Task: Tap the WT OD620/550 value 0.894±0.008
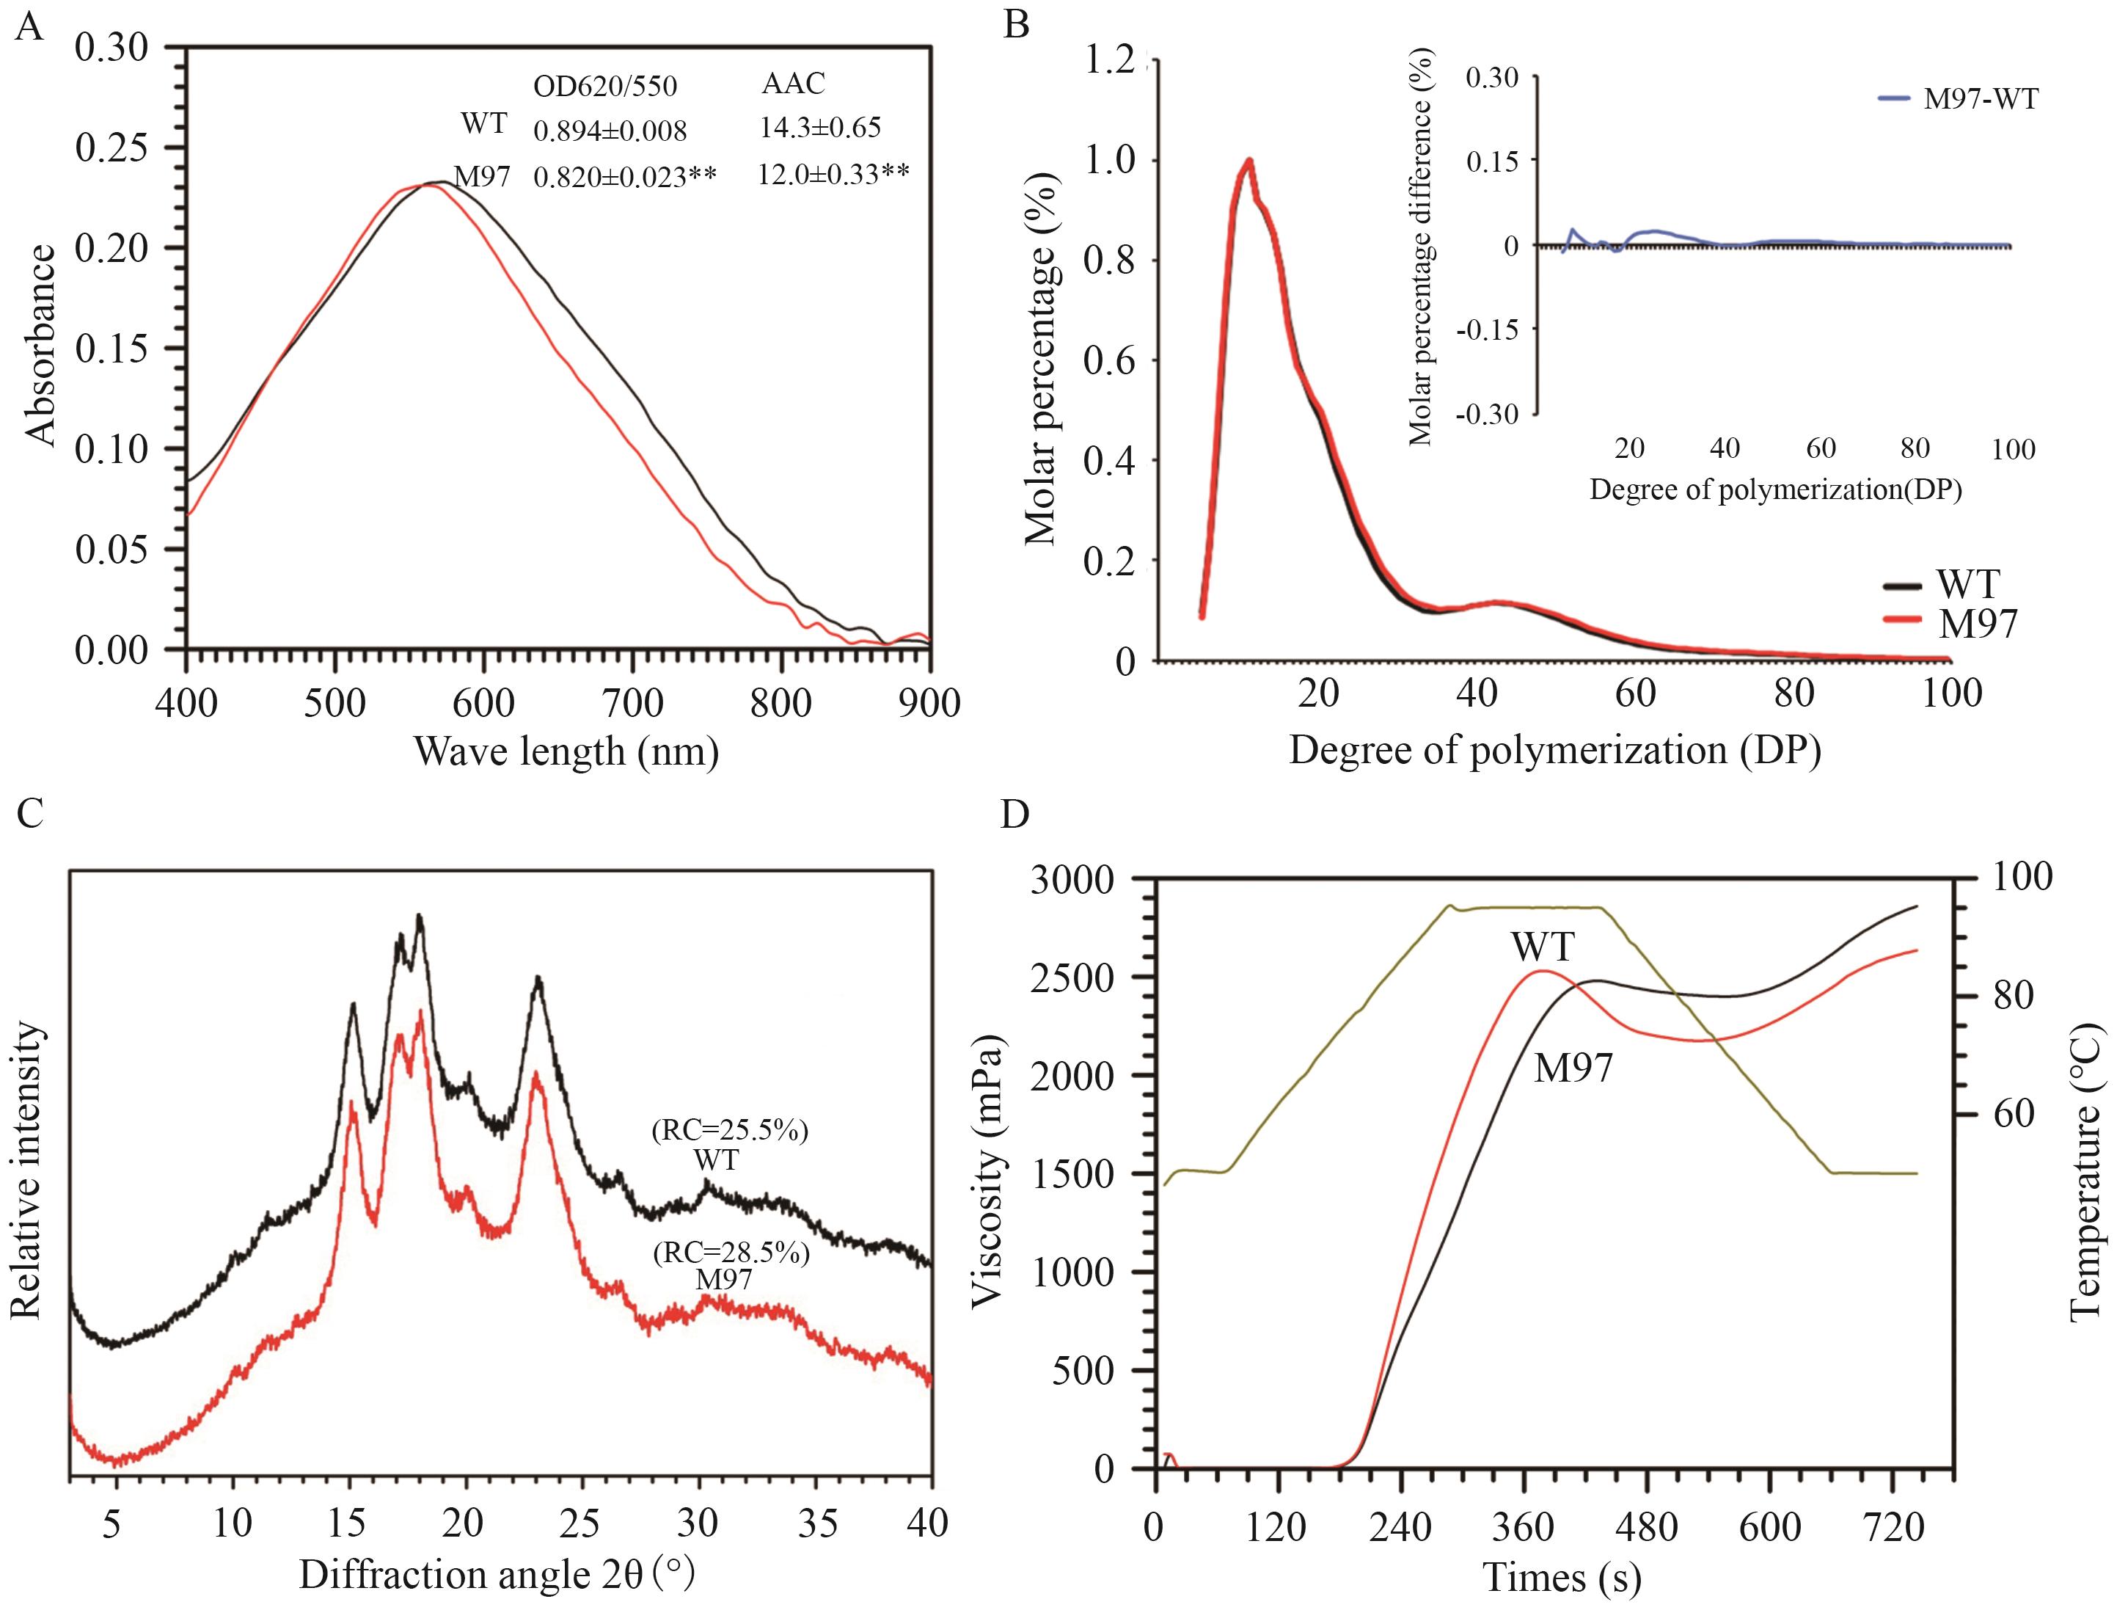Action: (x=610, y=131)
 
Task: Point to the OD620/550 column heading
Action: (x=604, y=87)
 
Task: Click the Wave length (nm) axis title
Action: (x=566, y=751)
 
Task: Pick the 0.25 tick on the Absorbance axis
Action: (x=112, y=148)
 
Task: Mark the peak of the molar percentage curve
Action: (x=1249, y=161)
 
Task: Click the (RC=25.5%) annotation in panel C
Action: (x=730, y=1131)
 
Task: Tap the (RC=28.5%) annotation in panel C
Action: (x=730, y=1253)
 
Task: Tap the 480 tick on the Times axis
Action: (x=1646, y=1526)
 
